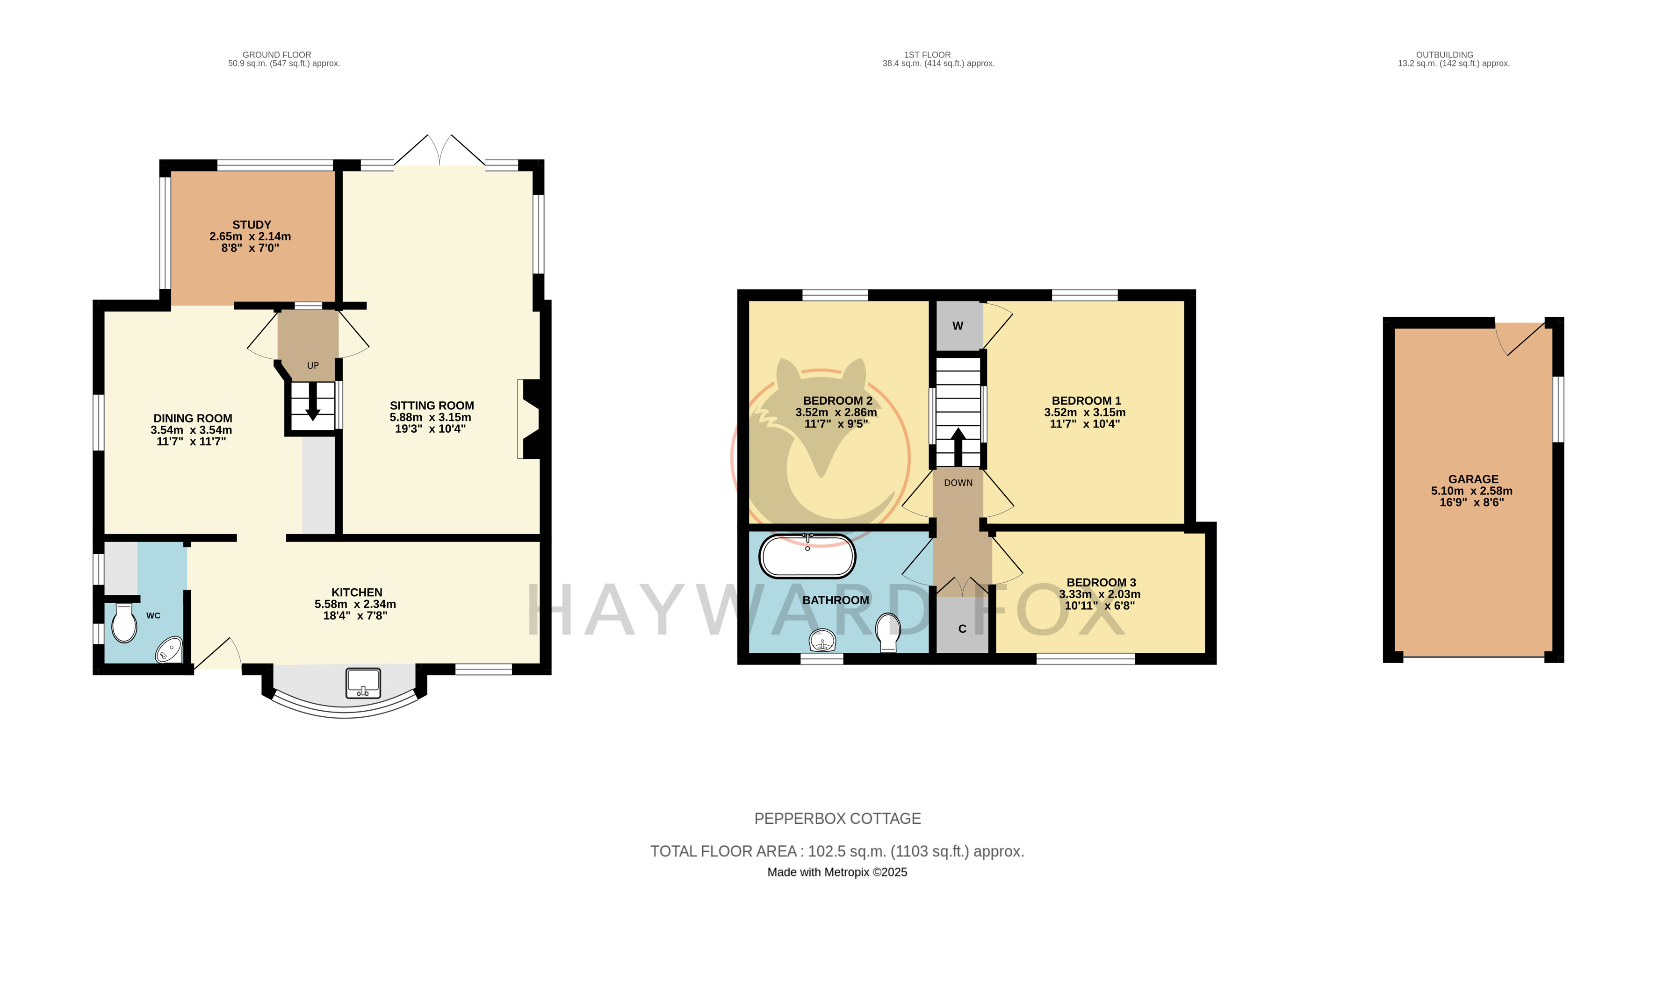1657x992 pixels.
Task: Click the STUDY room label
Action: [x=252, y=225]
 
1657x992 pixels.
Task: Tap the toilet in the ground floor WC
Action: [x=124, y=623]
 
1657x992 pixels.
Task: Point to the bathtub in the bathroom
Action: [x=807, y=556]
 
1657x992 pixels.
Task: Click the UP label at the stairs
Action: [x=313, y=366]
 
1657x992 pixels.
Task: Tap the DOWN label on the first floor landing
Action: [x=958, y=483]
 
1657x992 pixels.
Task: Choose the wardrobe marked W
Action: [x=958, y=326]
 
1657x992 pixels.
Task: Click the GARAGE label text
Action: [x=1473, y=479]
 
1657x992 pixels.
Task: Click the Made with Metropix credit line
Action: [x=837, y=872]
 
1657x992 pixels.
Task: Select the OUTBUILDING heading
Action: [x=1444, y=55]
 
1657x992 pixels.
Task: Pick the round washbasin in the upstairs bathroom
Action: [x=822, y=641]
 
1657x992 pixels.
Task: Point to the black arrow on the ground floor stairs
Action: [x=312, y=401]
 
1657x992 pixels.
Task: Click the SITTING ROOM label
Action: [x=432, y=406]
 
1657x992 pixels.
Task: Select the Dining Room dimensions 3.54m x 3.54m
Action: [x=191, y=430]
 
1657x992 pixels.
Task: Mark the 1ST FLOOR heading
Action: [x=928, y=55]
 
